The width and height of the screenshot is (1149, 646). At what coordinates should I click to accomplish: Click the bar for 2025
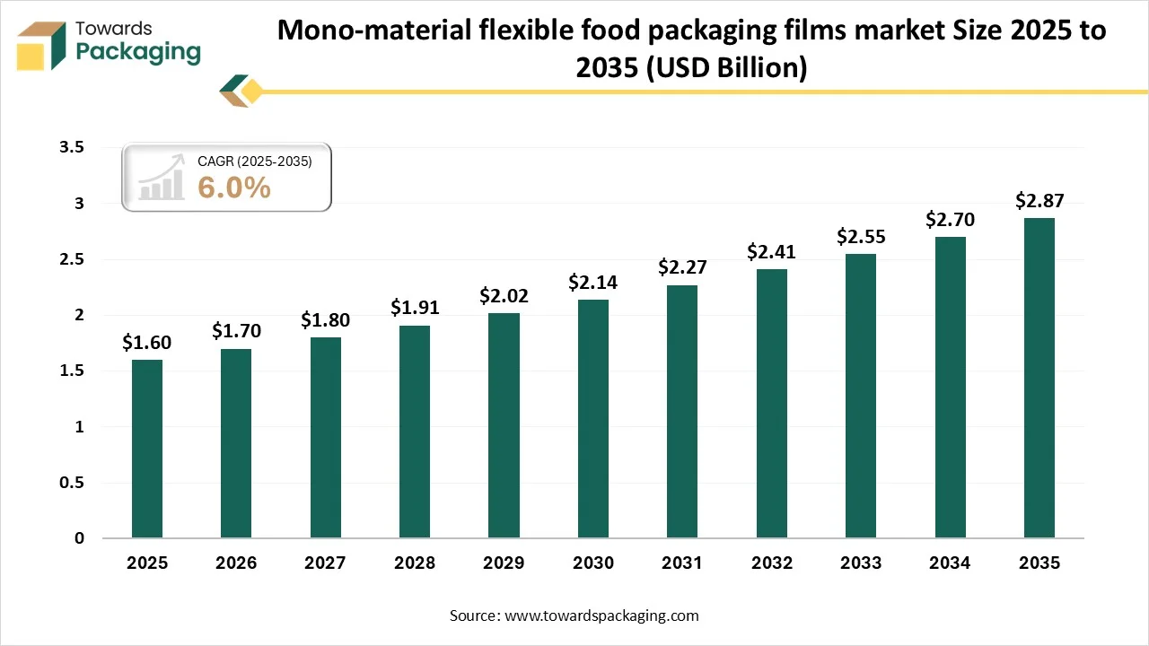pyautogui.click(x=147, y=449)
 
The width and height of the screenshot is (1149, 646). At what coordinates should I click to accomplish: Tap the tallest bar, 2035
pyautogui.click(x=1039, y=378)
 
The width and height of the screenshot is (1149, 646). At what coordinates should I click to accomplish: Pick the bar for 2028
pyautogui.click(x=415, y=432)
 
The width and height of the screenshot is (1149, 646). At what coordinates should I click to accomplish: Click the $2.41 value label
pyautogui.click(x=771, y=252)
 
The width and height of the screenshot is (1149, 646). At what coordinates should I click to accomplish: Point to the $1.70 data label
pyautogui.click(x=236, y=331)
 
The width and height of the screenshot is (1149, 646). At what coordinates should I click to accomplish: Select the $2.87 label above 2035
pyautogui.click(x=1039, y=201)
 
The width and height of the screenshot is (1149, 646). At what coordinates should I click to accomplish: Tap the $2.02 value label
pyautogui.click(x=504, y=295)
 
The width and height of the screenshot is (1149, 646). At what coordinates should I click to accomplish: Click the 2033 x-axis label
pyautogui.click(x=861, y=563)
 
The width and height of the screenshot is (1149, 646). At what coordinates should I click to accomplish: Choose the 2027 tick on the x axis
pyautogui.click(x=325, y=563)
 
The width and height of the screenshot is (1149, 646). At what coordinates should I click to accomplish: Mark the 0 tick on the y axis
pyautogui.click(x=79, y=538)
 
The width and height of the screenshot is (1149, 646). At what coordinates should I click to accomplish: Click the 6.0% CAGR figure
pyautogui.click(x=234, y=188)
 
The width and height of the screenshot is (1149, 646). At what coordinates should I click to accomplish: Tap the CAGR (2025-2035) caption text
pyautogui.click(x=254, y=161)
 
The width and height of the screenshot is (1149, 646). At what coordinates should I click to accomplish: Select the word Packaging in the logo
pyautogui.click(x=138, y=52)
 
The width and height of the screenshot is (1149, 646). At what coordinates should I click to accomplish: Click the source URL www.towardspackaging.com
pyautogui.click(x=602, y=615)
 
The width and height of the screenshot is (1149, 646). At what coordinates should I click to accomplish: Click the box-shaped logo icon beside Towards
pyautogui.click(x=42, y=45)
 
